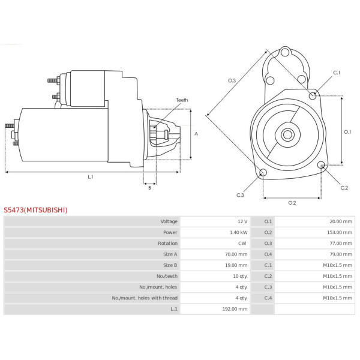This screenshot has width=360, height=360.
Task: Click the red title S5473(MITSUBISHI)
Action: pos(36,210)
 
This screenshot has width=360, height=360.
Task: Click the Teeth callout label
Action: pos(182,100)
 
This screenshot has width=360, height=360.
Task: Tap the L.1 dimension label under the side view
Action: pos(91,176)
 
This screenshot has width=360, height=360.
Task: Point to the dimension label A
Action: pos(196,134)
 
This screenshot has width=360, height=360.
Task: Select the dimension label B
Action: pos(149,188)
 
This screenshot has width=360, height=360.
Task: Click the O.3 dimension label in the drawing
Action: pos(232,80)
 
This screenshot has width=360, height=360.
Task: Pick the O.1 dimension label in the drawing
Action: pos(347,131)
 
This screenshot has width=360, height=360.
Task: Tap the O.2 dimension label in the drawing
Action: pos(292,203)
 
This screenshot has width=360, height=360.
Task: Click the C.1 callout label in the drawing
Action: pos(337,73)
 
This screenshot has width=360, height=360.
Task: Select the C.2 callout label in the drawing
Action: pos(344,188)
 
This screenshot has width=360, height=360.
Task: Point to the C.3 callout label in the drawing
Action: pos(240,195)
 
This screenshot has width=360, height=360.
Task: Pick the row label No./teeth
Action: pos(166,276)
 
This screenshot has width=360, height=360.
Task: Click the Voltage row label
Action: pos(169,221)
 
